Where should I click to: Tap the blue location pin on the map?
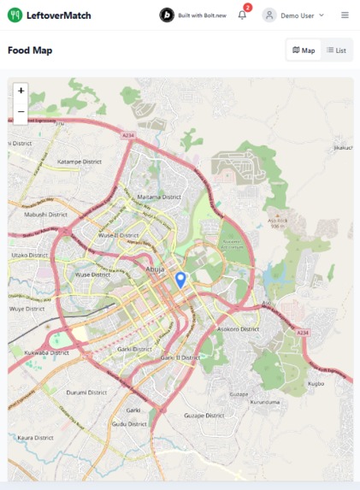pos(180,279)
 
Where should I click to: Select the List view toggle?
pos(336,50)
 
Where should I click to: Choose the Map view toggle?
pos(304,50)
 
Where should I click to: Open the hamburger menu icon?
pos(345,15)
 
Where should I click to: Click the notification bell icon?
pos(242,15)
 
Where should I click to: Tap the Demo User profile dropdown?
pos(294,15)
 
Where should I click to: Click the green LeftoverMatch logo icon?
pos(15,15)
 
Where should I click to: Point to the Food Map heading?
pos(30,50)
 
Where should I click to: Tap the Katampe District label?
pos(80,162)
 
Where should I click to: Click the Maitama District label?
pos(160,197)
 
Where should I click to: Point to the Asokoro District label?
pos(238,328)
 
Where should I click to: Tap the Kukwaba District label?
pos(47,352)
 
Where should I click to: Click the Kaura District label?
pos(36,437)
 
